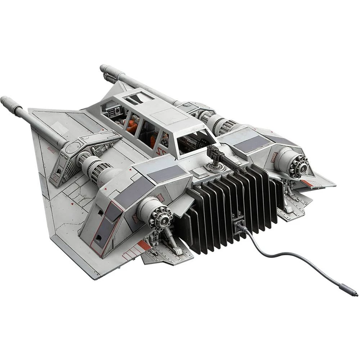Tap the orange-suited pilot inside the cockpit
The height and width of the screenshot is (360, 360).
131,126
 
